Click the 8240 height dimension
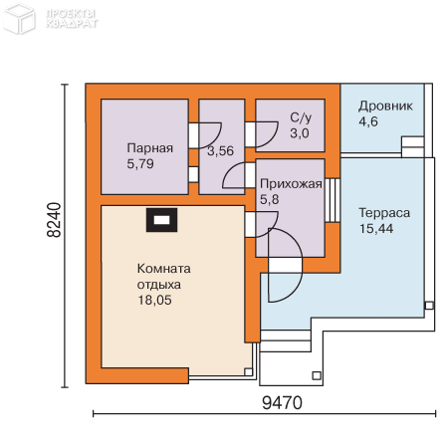pyautogui.click(x=54, y=220)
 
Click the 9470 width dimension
pyautogui.click(x=282, y=403)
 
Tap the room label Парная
pyautogui.click(x=150, y=148)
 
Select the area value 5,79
pyautogui.click(x=140, y=164)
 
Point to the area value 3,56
pyautogui.click(x=221, y=151)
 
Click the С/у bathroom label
pyautogui.click(x=301, y=117)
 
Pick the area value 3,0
pyautogui.click(x=300, y=133)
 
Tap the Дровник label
pyautogui.click(x=385, y=107)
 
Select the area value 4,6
pyautogui.click(x=368, y=121)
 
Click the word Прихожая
pyautogui.click(x=291, y=184)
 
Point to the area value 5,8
pyautogui.click(x=269, y=199)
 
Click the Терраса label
pyautogui.click(x=384, y=213)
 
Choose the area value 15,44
pyautogui.click(x=376, y=228)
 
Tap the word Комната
pyautogui.click(x=164, y=269)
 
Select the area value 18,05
pyautogui.click(x=154, y=300)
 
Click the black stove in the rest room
pyautogui.click(x=162, y=220)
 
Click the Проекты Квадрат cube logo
pyautogui.click(x=19, y=18)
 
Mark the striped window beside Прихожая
pyautogui.click(x=333, y=200)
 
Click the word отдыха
pyautogui.click(x=159, y=285)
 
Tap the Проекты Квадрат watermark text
pyautogui.click(x=72, y=19)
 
